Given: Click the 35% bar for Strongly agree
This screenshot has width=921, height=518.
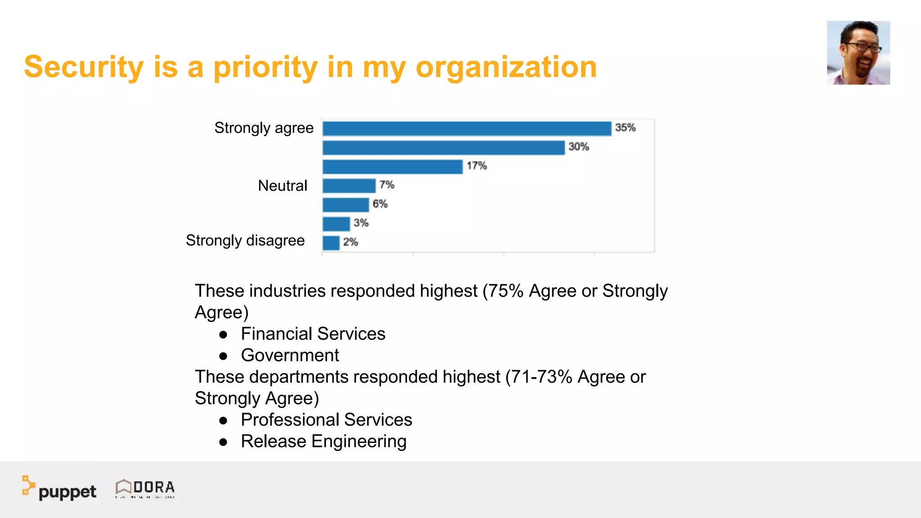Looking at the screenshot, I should click(467, 129).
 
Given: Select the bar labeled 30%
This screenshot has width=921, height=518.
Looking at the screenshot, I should click(443, 148).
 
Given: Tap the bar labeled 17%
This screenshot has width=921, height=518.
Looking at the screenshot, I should click(393, 167).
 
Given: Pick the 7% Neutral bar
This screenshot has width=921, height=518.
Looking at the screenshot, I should click(349, 186).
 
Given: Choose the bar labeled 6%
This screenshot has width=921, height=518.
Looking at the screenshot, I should click(345, 205).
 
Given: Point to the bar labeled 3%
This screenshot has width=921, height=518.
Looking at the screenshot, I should click(336, 224).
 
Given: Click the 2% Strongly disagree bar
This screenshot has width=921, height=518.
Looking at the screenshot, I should click(331, 243).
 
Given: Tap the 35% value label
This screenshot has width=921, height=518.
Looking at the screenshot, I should click(625, 128).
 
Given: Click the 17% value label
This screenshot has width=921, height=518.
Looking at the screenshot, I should click(477, 166).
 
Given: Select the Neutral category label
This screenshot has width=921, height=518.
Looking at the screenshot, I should click(282, 186).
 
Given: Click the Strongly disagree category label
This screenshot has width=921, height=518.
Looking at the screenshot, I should click(245, 241).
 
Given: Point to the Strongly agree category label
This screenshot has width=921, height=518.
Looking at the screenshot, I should click(264, 128).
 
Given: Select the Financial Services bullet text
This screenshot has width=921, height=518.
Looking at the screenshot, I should click(313, 334).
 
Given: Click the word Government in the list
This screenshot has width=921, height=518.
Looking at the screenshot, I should click(290, 356).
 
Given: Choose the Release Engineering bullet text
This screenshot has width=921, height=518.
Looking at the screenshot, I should click(323, 442).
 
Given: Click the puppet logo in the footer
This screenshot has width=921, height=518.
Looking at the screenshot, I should click(59, 488).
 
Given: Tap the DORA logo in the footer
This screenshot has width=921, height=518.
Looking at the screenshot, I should click(145, 488).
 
